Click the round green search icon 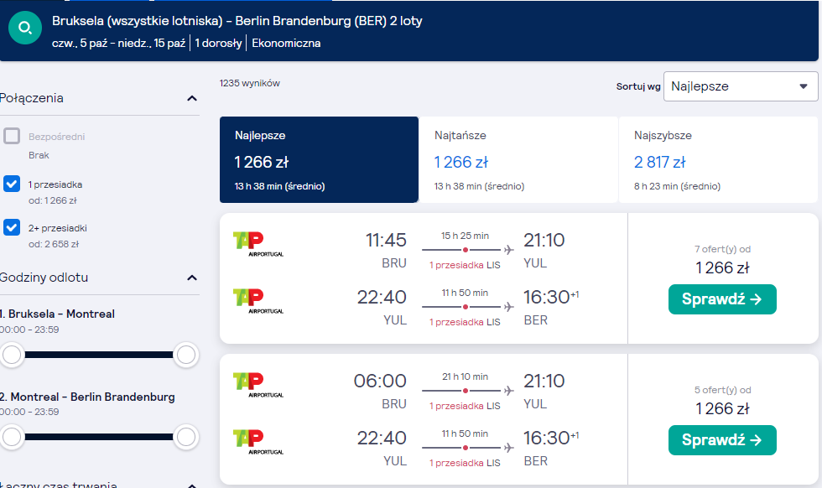(25, 28)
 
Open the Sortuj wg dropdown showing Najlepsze (740, 86)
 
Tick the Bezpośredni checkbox (12, 137)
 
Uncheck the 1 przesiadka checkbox (12, 184)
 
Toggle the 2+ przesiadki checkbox (12, 227)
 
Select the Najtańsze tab (518, 159)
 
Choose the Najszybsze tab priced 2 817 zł (718, 159)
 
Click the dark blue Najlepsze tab (319, 159)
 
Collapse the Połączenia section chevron (192, 99)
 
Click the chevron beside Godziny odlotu (192, 278)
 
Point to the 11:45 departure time (386, 240)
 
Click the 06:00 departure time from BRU (380, 381)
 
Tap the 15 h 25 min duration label (465, 236)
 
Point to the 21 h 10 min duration (465, 376)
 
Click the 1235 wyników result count (250, 83)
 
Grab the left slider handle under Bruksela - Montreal (12, 355)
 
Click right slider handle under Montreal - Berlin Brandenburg (186, 437)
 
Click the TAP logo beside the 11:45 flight (258, 244)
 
